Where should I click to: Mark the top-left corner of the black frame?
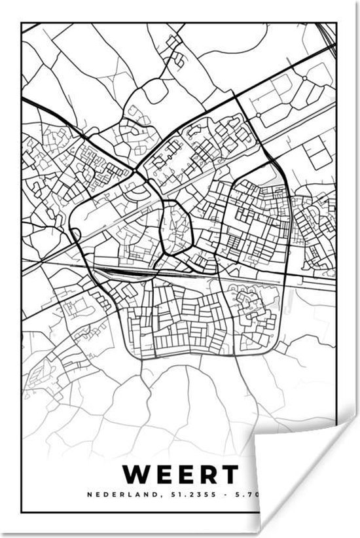[22, 24]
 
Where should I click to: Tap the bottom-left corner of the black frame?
[22, 512]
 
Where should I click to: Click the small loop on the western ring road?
[76, 234]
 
